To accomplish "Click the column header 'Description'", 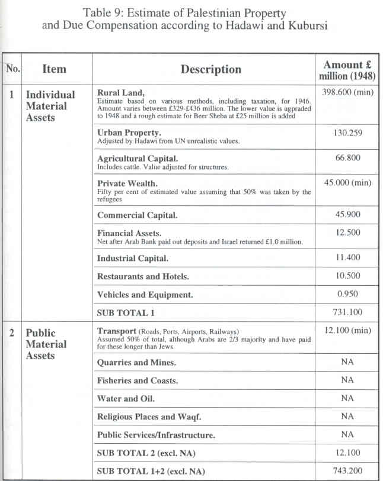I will (210, 69).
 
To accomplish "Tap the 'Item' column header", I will (53, 69).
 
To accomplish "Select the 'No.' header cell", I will (12, 69).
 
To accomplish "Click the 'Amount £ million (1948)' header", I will (347, 70).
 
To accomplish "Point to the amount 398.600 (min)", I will (347, 93).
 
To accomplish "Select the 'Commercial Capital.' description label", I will (137, 215).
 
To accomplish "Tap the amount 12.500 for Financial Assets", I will (347, 234).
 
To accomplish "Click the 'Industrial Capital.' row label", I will (133, 258).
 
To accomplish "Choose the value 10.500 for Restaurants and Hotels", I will (347, 276).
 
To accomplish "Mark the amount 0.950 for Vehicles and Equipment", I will (347, 293).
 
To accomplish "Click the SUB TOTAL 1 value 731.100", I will (347, 312).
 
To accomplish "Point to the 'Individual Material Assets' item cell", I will (50, 106).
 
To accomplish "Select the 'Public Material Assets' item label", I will (46, 344).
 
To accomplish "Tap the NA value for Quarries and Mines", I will (347, 362).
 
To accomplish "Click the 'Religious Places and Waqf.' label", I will (152, 417).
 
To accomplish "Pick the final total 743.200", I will (347, 471).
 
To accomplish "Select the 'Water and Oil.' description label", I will (126, 399).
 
